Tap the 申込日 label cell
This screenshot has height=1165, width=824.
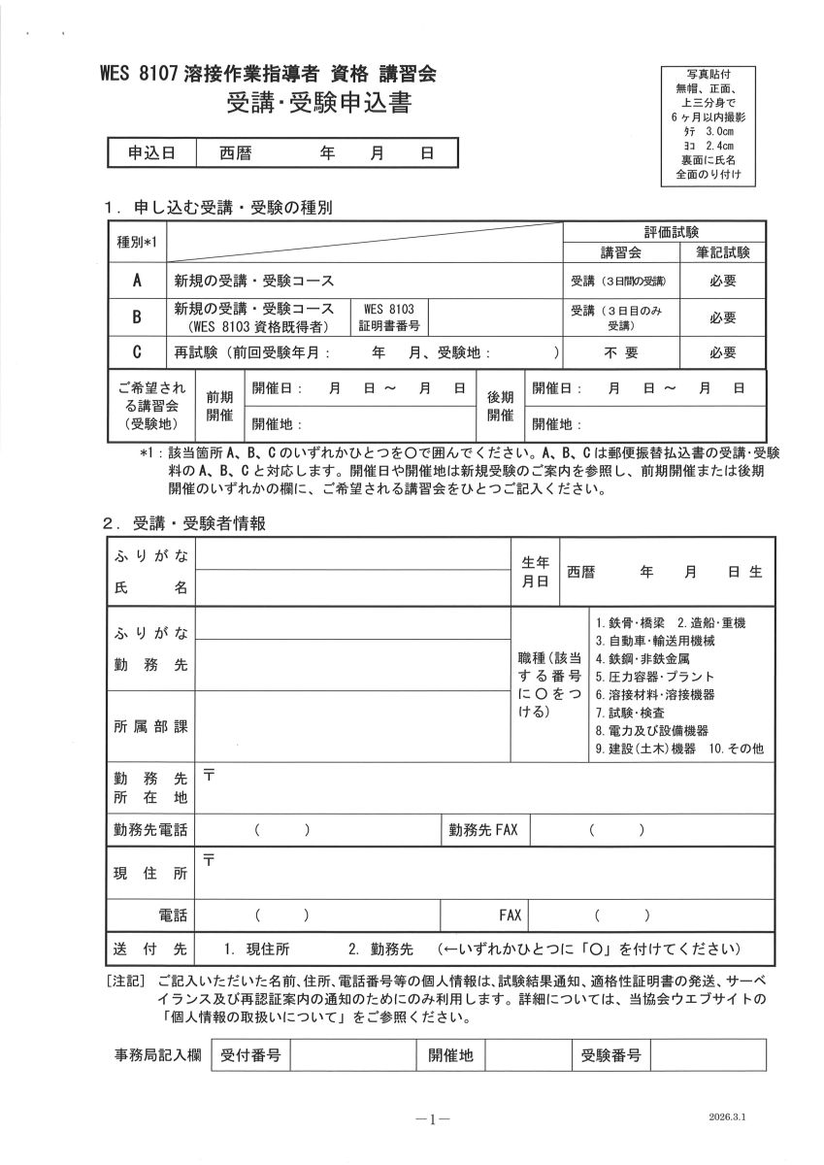tap(151, 153)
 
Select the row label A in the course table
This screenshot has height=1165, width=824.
tap(138, 282)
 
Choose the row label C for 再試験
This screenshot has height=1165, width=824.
tap(138, 353)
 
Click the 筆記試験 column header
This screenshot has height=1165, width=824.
tap(722, 252)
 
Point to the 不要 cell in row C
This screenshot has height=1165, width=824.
tap(621, 353)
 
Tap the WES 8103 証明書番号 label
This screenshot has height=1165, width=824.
tap(388, 317)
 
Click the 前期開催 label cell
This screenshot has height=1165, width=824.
tap(219, 406)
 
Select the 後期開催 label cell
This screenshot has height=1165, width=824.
tap(500, 406)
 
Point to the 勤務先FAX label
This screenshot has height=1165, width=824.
tap(483, 830)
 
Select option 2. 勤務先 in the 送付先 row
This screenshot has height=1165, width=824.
tap(380, 949)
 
